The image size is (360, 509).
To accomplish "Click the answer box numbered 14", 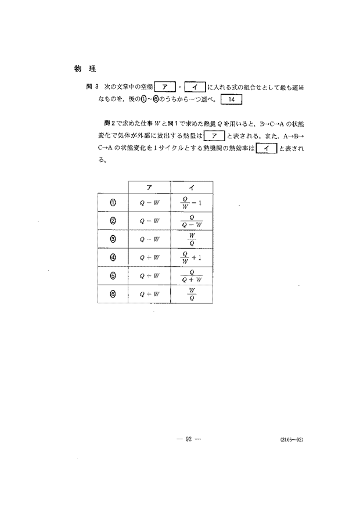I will pyautogui.click(x=231, y=99).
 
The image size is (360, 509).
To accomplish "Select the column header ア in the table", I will pyautogui.click(x=149, y=186).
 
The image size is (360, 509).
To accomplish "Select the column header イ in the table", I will pyautogui.click(x=192, y=186).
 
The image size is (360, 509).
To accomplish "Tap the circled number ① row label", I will pyautogui.click(x=113, y=203).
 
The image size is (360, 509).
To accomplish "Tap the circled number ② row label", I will pyautogui.click(x=113, y=221).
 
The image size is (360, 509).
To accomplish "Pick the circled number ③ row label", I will pyautogui.click(x=113, y=239).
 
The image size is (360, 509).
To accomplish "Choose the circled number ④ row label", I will pyautogui.click(x=113, y=257).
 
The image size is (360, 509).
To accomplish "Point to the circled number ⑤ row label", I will pyautogui.click(x=113, y=275).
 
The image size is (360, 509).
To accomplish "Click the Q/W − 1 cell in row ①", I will pyautogui.click(x=191, y=203).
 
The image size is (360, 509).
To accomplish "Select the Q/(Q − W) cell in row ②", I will pyautogui.click(x=192, y=221).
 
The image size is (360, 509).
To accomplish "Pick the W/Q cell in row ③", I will pyautogui.click(x=192, y=239).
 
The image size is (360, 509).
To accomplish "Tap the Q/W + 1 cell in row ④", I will pyautogui.click(x=191, y=257).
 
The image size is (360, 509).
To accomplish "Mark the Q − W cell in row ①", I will pyautogui.click(x=149, y=203).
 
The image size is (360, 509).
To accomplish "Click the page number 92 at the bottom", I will pyautogui.click(x=189, y=439).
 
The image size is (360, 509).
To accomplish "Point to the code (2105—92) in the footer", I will pyautogui.click(x=290, y=440).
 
